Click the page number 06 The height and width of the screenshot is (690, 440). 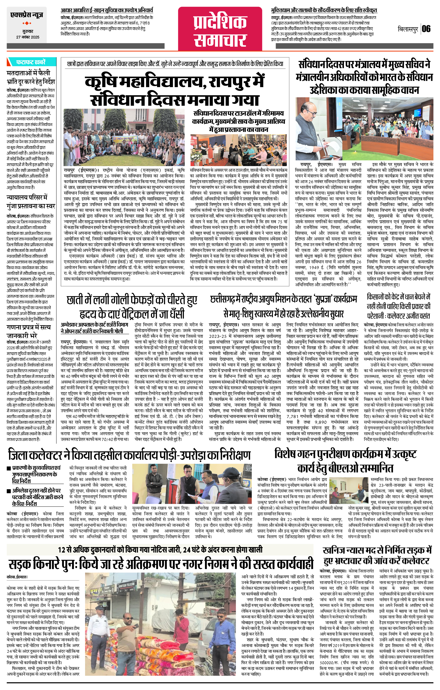[426, 29]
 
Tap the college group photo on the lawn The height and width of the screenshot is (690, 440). [124, 137]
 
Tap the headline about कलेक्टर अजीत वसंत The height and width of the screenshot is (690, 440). [398, 306]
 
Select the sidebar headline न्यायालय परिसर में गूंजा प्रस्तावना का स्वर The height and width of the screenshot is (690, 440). [31, 202]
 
